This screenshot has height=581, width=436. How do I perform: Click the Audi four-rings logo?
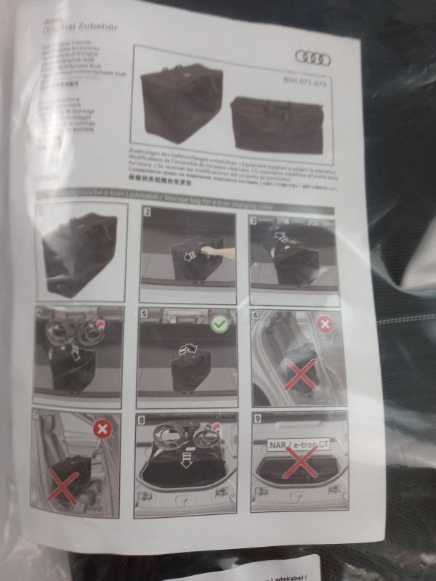(x=312, y=58)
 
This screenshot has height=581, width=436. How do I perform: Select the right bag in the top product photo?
(x=277, y=125)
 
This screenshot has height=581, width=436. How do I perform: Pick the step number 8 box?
(x=142, y=419)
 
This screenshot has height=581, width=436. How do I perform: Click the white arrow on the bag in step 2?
(x=188, y=255)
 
